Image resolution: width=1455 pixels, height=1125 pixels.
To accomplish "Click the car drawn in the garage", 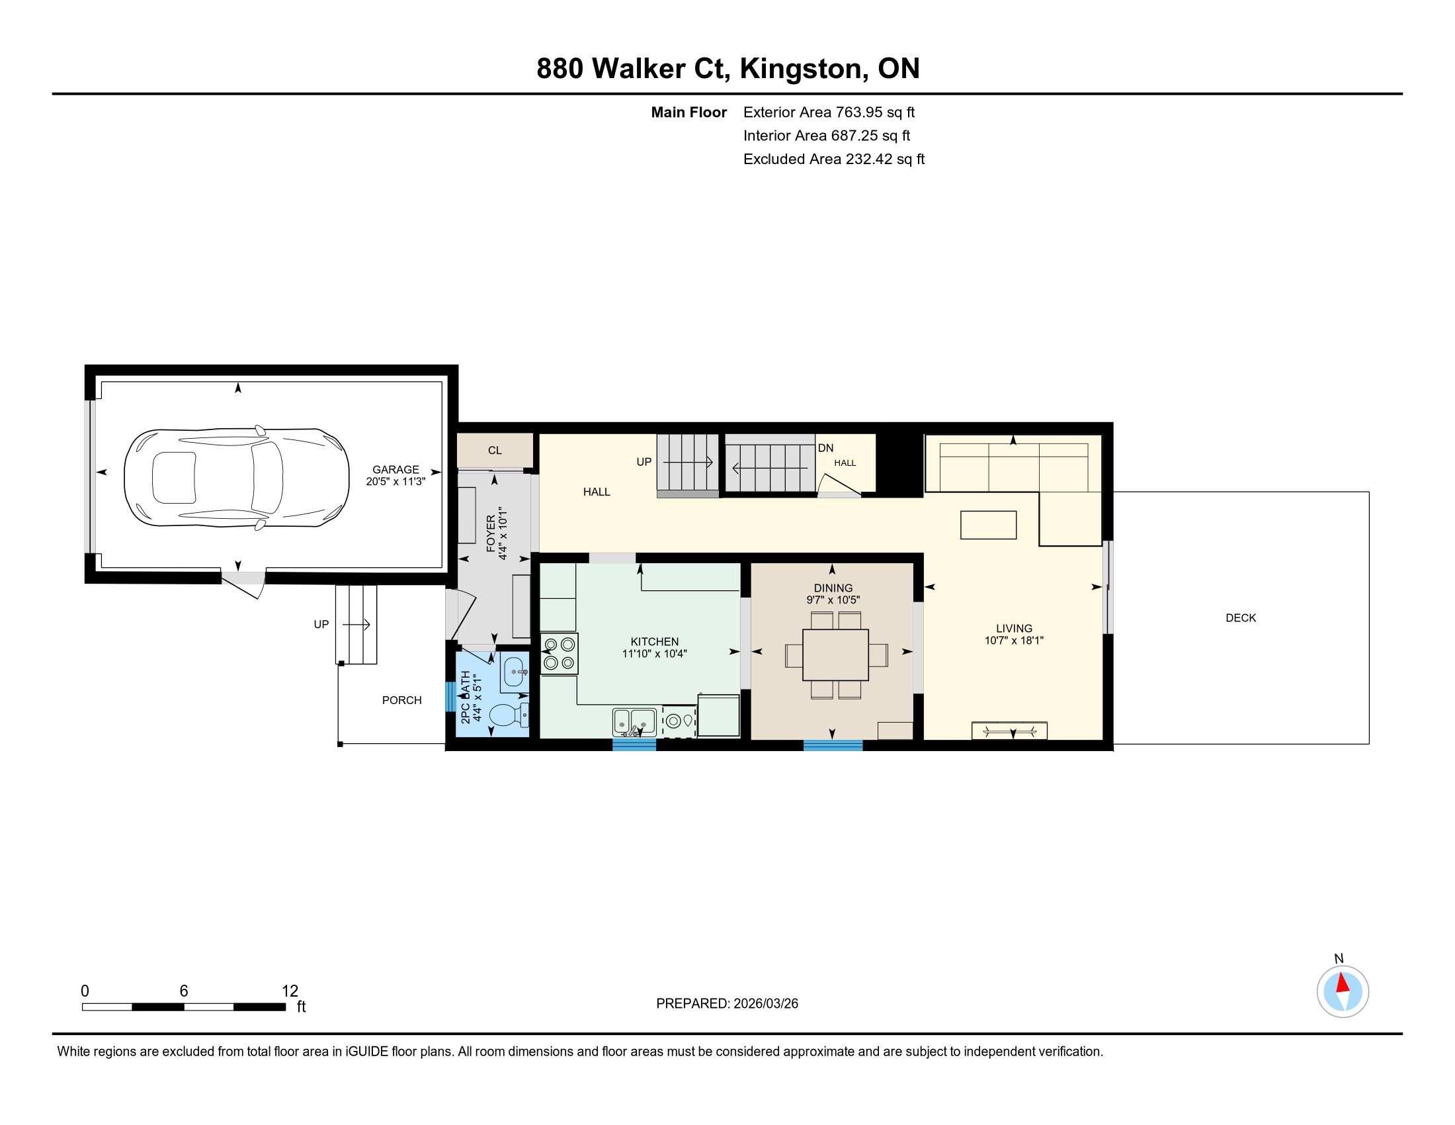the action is (x=237, y=477).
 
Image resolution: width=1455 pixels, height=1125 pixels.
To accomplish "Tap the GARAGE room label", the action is (x=395, y=469).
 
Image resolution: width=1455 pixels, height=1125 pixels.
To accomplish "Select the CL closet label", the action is (x=495, y=451).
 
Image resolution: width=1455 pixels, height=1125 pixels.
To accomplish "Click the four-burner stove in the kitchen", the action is (x=560, y=654).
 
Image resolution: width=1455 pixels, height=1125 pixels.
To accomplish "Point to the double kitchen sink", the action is (x=634, y=722).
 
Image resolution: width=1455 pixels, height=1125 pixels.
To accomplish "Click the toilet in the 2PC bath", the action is (x=510, y=717).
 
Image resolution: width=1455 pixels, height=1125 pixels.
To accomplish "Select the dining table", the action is (x=836, y=654).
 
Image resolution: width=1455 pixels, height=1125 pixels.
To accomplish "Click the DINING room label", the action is (x=833, y=588).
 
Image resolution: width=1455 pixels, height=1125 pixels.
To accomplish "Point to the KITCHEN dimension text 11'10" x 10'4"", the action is (x=654, y=654).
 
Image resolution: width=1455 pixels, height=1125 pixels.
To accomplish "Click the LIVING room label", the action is (x=1014, y=629).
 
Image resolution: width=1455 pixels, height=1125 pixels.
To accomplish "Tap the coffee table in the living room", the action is (x=988, y=525).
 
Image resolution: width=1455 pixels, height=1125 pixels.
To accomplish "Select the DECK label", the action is (x=1241, y=618).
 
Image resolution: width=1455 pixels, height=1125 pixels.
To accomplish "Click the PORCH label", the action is (x=401, y=700).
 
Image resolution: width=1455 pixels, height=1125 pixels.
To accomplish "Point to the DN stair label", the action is (x=826, y=449).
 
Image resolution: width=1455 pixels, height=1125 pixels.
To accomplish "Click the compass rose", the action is (x=1343, y=993).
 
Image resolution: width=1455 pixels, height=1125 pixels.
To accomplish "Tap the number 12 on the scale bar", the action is (x=290, y=991).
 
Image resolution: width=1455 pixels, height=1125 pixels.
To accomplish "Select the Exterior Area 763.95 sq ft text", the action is (x=829, y=112).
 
